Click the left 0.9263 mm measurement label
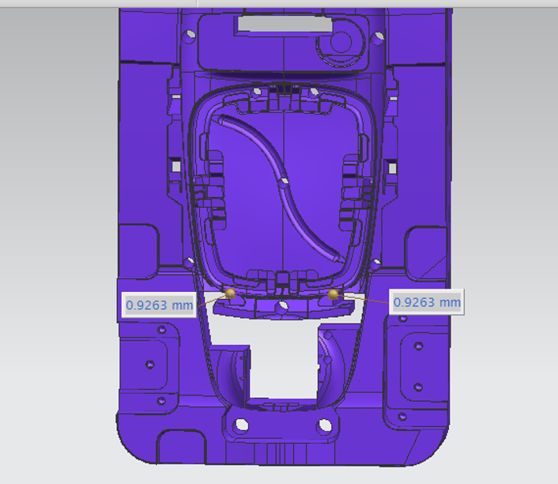click(x=159, y=304)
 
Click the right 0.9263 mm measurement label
click(x=427, y=302)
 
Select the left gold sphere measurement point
click(x=230, y=293)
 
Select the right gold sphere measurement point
click(x=333, y=294)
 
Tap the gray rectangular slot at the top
click(x=285, y=24)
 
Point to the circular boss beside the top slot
click(x=341, y=42)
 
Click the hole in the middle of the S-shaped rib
click(x=284, y=182)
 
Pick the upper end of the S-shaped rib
click(x=222, y=119)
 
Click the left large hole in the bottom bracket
click(x=242, y=425)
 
